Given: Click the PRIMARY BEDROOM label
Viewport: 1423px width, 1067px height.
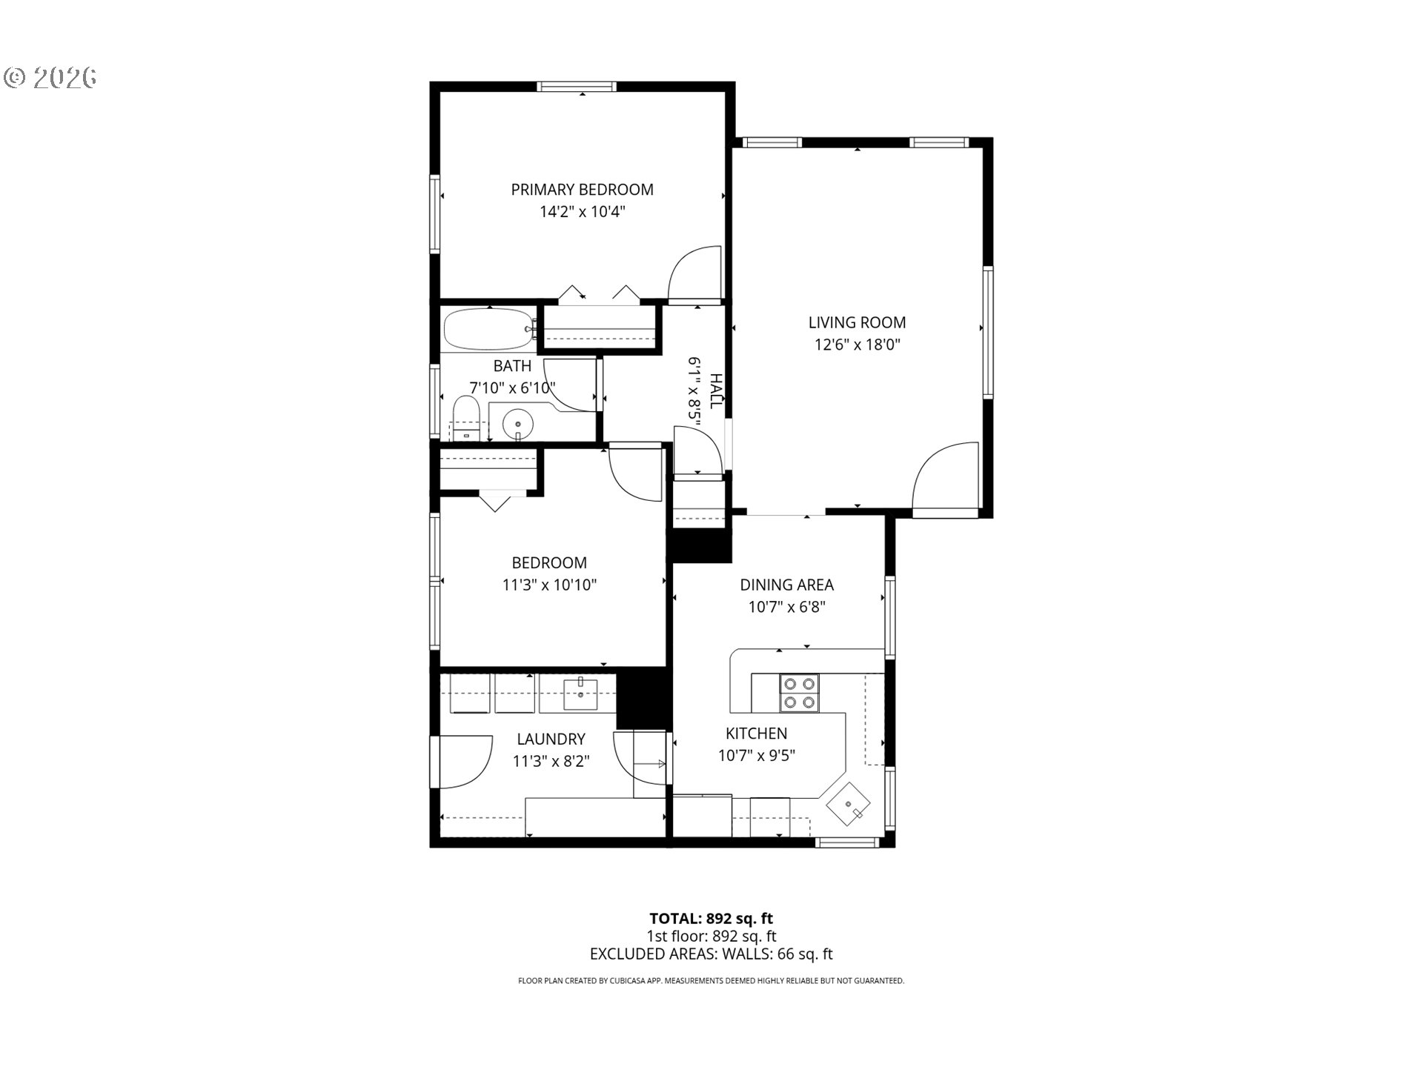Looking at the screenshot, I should (x=582, y=190).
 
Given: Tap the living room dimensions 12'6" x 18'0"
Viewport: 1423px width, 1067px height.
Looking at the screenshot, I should (x=857, y=345).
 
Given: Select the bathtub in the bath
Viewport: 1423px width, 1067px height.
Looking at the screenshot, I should (x=486, y=330).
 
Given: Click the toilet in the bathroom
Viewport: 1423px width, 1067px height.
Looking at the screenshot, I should (x=466, y=418).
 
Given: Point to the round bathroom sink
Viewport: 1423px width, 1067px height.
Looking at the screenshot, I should (x=517, y=424).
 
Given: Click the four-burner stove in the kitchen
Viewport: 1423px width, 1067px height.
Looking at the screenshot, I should (x=798, y=693).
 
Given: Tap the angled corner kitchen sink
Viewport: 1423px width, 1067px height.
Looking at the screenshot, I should (x=849, y=805).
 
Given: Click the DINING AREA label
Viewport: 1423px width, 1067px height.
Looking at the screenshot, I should (x=786, y=585).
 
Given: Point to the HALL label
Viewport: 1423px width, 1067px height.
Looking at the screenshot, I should (x=716, y=391).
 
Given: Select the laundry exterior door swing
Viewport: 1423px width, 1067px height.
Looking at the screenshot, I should (x=465, y=761).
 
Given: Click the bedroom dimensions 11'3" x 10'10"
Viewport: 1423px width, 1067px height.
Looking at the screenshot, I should (x=549, y=585).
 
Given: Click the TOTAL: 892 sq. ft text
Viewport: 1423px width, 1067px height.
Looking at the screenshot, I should (x=711, y=920).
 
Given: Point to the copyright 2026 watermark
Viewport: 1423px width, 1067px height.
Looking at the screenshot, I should (x=50, y=78).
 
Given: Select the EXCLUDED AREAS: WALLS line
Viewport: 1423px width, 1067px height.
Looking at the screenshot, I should (x=711, y=954).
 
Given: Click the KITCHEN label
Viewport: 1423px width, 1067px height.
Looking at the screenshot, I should (x=756, y=734).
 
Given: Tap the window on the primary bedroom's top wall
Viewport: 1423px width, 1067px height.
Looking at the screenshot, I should (x=577, y=87).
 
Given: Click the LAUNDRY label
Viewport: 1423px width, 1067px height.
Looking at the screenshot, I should (x=551, y=739).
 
